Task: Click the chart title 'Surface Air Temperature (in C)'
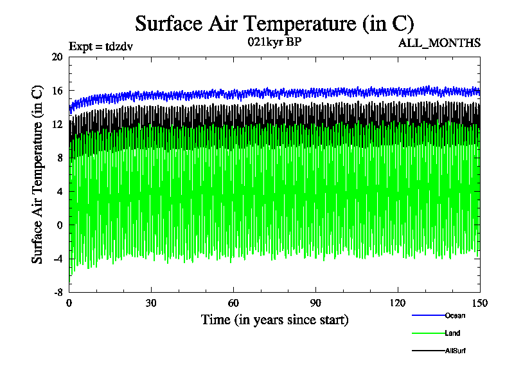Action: [274, 24]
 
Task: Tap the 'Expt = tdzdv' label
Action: [101, 46]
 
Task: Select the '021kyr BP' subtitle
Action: [274, 42]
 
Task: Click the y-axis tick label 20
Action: [57, 57]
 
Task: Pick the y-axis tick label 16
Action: [57, 91]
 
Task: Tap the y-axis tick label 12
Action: [57, 124]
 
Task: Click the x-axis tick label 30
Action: [151, 304]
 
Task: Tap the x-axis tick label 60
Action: [233, 304]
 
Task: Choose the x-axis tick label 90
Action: [315, 304]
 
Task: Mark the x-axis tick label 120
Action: [398, 304]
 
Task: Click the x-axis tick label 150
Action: [480, 304]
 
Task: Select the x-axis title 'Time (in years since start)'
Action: [274, 320]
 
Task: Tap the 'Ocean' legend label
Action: [455, 315]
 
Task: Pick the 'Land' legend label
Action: [452, 333]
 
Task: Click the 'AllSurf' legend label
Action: [456, 351]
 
